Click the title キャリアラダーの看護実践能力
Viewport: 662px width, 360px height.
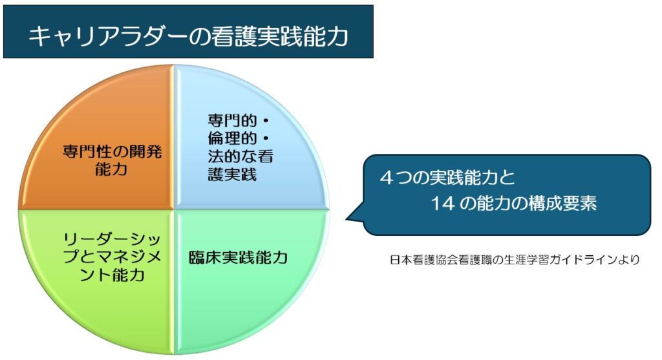188,36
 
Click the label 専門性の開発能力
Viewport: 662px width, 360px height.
112,160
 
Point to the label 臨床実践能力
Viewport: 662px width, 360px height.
238,257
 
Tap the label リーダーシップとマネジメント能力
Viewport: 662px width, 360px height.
112,257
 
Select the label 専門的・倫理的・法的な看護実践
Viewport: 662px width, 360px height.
240,147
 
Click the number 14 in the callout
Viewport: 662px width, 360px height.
443,204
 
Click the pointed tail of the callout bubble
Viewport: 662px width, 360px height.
347,219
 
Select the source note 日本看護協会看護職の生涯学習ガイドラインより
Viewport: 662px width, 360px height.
515,259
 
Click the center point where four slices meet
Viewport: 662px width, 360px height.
174,209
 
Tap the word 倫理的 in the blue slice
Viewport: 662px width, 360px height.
232,138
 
